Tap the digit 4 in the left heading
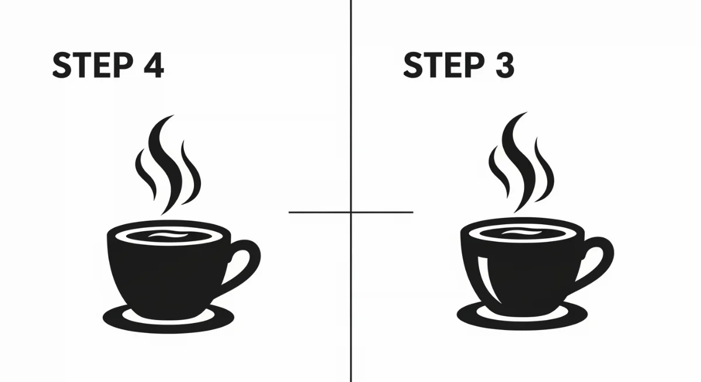coord(152,65)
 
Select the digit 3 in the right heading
coord(502,65)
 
